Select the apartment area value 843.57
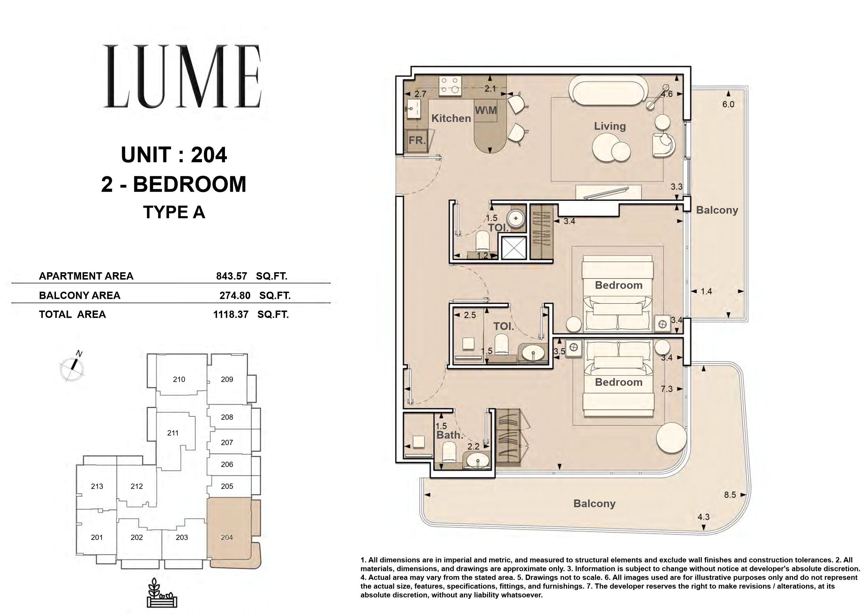(x=231, y=276)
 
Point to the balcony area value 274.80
(x=235, y=295)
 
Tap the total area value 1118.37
(x=231, y=314)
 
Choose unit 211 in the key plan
(x=173, y=433)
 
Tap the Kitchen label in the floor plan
(x=451, y=118)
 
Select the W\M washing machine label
(x=486, y=111)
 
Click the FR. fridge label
(x=417, y=140)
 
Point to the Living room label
(x=610, y=126)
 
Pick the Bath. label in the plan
(x=450, y=435)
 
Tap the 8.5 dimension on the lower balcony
(x=730, y=495)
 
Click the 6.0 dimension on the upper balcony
(x=728, y=104)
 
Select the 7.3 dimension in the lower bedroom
(x=666, y=389)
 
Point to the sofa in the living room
(x=609, y=90)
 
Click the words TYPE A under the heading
(x=174, y=212)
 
